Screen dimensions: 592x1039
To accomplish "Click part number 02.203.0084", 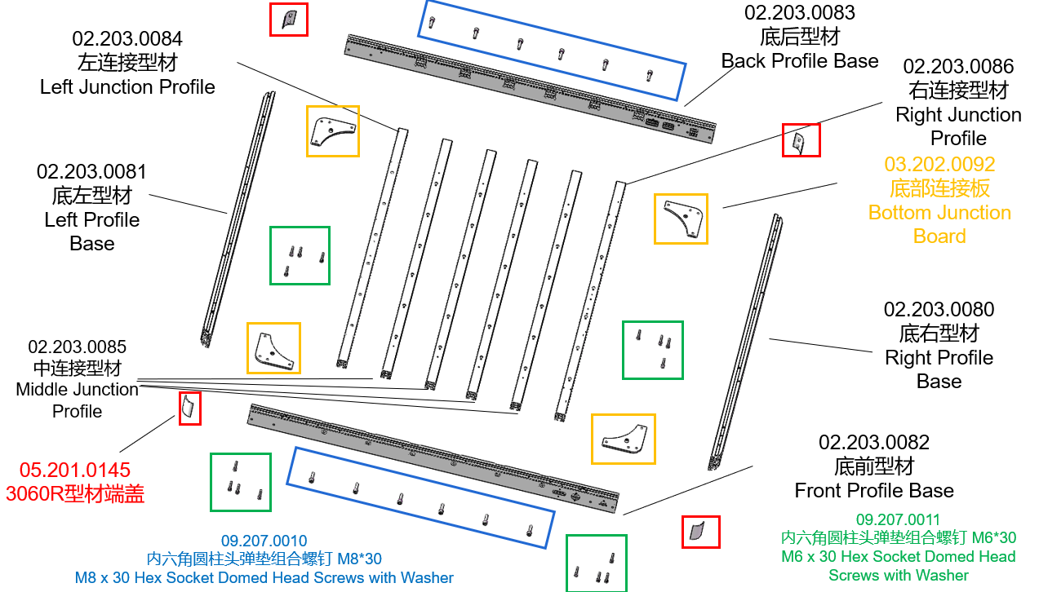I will (127, 38).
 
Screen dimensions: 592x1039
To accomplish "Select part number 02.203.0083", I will (800, 13).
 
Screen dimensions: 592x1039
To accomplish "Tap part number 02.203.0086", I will (958, 67).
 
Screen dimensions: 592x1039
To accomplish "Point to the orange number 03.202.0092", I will (939, 165).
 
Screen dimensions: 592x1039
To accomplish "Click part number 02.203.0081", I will (91, 172).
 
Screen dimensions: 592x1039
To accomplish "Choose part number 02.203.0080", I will (939, 310).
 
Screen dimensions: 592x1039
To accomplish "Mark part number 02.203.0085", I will (78, 347).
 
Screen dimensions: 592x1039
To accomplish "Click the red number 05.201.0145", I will (75, 471).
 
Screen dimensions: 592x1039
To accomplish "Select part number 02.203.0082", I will (874, 443).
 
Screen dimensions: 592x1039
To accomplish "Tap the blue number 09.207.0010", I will (264, 541).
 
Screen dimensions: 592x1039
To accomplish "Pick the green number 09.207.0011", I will (898, 519).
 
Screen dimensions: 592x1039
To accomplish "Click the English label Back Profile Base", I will (800, 61).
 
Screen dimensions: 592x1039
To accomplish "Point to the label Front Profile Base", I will (874, 491).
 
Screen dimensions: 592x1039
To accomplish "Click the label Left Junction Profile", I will (127, 87).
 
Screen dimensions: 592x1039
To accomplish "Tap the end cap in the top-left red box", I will (288, 19).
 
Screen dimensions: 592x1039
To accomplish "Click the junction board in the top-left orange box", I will (331, 131).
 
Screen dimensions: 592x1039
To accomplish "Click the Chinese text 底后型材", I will (800, 37).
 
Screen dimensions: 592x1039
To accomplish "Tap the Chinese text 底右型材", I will (939, 334).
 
